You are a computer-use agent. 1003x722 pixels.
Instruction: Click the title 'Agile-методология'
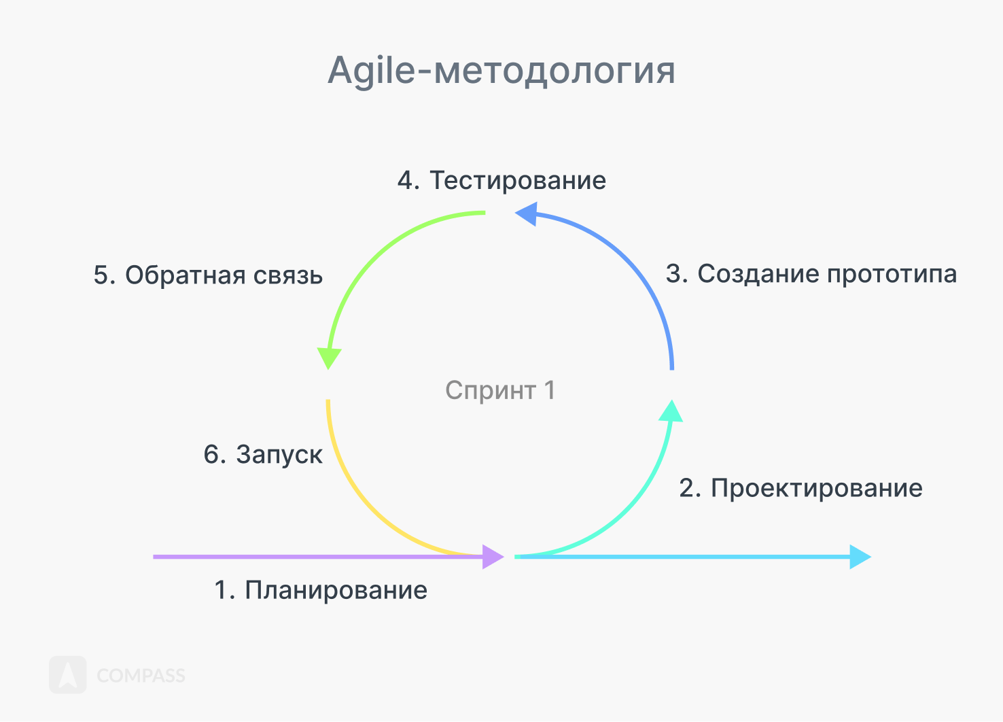(501, 71)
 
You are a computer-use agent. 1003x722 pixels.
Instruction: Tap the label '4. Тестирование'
(501, 181)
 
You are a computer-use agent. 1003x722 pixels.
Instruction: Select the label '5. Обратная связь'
(208, 275)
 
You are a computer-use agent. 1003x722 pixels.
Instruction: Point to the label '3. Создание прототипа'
(811, 274)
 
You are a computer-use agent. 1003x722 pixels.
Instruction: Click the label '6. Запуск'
(263, 454)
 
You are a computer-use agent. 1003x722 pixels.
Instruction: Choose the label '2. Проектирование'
(801, 488)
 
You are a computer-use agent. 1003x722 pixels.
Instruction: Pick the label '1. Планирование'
(321, 590)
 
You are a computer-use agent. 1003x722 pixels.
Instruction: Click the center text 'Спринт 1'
(500, 390)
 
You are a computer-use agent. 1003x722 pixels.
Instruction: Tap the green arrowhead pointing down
(329, 358)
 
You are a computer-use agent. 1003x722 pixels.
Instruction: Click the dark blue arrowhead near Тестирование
(527, 214)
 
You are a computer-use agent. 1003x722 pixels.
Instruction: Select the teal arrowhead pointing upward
(671, 411)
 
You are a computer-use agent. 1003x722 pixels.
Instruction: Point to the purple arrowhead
(493, 557)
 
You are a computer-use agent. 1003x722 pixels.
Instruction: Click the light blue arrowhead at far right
(860, 557)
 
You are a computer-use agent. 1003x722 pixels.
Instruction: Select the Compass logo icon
(68, 674)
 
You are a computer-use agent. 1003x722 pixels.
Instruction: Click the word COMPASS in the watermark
(141, 676)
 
